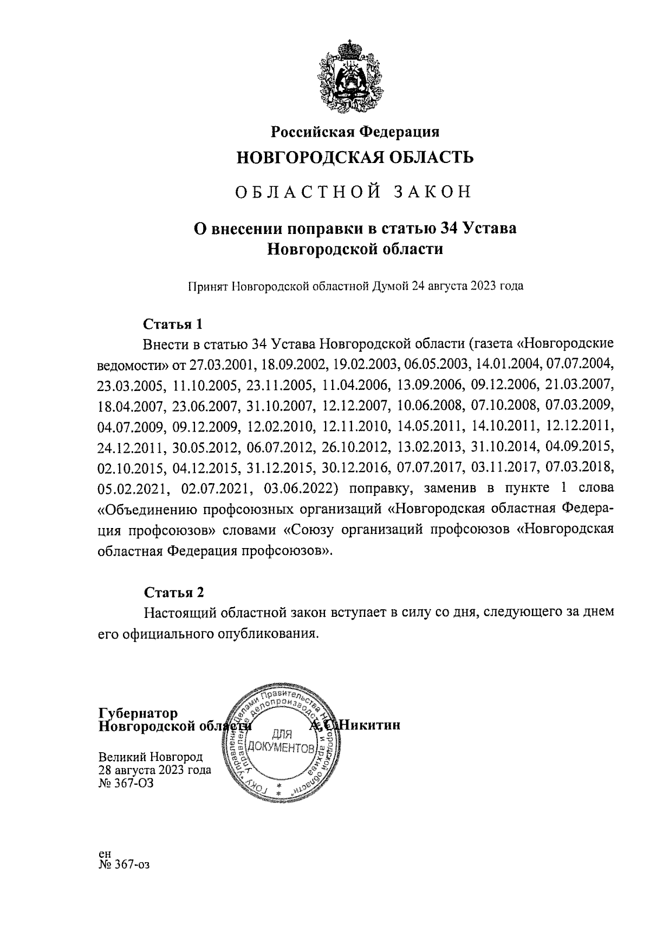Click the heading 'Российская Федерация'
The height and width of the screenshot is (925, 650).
355,132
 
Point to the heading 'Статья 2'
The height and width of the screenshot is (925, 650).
173,592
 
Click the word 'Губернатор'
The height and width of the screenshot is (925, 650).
138,713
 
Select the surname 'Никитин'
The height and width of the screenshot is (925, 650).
370,725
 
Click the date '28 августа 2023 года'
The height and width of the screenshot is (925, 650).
154,770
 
